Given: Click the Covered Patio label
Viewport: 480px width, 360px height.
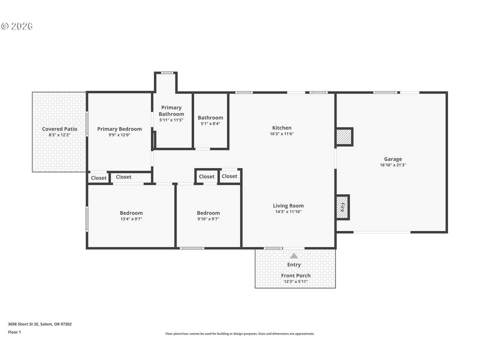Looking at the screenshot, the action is point(60,129).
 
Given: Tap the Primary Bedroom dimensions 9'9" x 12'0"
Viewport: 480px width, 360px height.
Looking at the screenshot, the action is point(119,135).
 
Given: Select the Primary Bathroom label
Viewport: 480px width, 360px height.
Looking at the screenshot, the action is point(171,111).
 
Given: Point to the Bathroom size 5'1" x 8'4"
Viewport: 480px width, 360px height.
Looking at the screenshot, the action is point(210,123).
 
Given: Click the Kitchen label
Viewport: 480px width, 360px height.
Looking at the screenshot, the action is point(282,128).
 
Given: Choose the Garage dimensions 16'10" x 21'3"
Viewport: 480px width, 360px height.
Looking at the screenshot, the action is point(393,165).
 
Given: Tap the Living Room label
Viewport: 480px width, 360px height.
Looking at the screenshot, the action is point(288,205).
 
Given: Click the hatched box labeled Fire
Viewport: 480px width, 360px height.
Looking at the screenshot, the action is point(342,207).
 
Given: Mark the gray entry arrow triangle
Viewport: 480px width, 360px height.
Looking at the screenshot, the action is point(294,255).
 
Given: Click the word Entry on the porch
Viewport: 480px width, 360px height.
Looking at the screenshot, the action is point(294,265).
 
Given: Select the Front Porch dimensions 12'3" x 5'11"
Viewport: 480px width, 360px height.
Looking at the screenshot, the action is point(295,282).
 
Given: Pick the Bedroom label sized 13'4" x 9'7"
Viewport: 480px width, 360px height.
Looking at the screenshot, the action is point(131,213).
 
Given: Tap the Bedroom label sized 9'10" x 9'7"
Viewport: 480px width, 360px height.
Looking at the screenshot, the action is point(208,213).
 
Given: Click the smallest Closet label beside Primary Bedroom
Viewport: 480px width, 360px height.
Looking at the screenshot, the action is point(99,178).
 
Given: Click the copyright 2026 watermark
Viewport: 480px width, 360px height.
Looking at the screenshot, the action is point(17,26).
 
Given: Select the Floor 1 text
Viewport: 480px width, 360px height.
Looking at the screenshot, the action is point(14,332).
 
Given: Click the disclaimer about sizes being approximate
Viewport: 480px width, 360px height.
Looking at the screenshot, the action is point(240,334).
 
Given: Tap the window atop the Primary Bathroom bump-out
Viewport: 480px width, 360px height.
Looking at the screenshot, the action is point(167,73).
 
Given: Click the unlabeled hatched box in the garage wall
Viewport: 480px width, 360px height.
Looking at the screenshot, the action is point(344,137).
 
